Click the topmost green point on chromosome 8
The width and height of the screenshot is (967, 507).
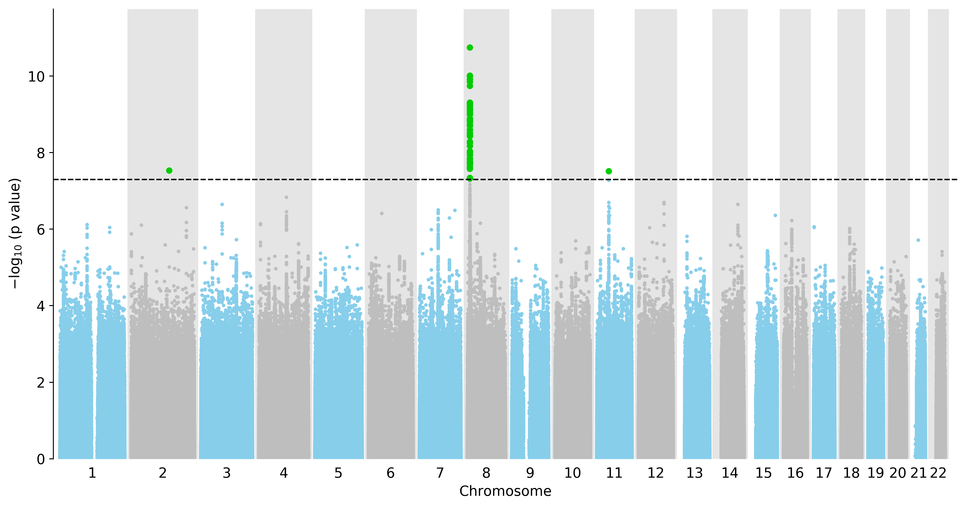tap(470, 47)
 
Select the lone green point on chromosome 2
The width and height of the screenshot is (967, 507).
tap(169, 170)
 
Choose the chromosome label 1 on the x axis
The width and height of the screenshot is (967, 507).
tap(92, 473)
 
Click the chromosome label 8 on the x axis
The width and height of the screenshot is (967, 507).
tap(486, 473)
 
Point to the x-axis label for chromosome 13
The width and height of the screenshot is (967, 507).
tap(694, 473)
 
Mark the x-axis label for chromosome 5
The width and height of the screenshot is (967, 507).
tap(338, 473)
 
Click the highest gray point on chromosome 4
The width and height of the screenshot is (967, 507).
tap(286, 197)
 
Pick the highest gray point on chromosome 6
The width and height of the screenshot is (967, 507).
tap(382, 213)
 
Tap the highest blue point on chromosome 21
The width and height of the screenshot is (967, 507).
tap(918, 240)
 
